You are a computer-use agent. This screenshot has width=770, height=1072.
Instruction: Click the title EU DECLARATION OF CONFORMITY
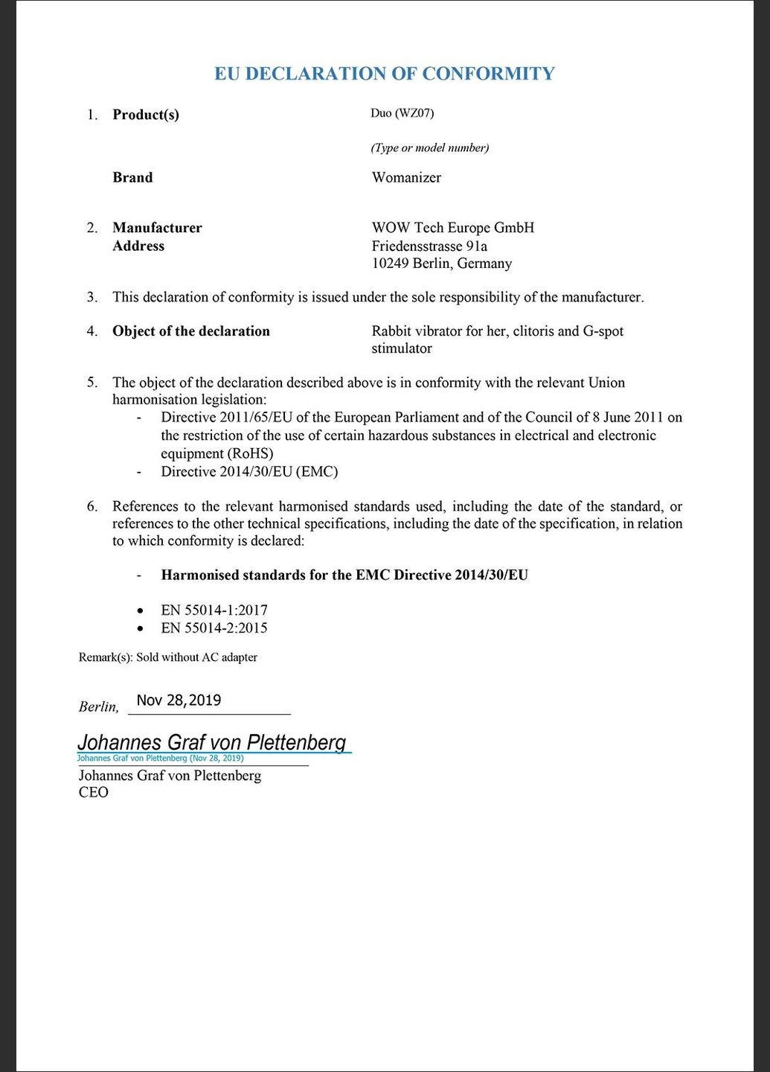pos(385,74)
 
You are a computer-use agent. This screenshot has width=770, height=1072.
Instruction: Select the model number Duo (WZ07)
pos(402,113)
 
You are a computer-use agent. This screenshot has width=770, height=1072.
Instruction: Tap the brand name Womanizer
pos(406,177)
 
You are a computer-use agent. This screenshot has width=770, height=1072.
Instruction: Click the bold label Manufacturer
pos(157,228)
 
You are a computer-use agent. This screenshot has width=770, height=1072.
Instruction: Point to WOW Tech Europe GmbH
pos(452,228)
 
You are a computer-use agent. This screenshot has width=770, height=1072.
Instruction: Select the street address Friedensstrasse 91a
pos(429,246)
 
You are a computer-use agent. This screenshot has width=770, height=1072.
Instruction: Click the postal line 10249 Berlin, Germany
pos(441,264)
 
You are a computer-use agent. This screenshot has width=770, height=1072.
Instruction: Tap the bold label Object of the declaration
pos(191,331)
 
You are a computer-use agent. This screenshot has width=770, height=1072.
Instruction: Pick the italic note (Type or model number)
pos(429,147)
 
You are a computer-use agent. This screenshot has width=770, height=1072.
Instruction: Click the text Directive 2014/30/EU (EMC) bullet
pos(249,471)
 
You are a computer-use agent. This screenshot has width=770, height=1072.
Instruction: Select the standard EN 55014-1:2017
pos(214,610)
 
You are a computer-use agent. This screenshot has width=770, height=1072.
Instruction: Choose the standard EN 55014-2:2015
pos(214,628)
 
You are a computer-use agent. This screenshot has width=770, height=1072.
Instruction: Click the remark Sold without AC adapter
pos(196,657)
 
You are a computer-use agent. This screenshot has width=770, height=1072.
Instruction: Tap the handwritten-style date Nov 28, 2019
pos(179,701)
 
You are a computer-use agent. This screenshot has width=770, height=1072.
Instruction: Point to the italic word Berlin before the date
pos(97,706)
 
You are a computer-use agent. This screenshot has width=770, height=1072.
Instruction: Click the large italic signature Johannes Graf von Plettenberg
pos(212,742)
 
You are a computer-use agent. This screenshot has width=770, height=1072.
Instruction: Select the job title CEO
pos(94,792)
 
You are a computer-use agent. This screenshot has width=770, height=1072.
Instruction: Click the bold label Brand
pos(132,177)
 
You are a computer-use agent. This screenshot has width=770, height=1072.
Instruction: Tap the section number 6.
pos(92,506)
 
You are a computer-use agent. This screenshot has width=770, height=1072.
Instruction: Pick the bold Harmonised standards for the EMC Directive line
pos(344,575)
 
